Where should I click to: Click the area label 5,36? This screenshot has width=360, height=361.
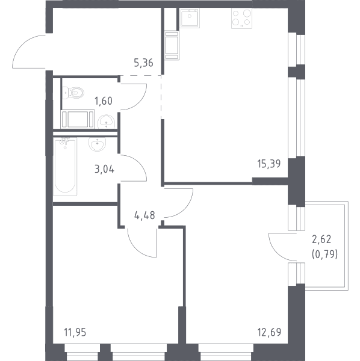pyautogui.click(x=143, y=63)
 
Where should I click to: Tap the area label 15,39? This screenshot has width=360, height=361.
pyautogui.click(x=268, y=164)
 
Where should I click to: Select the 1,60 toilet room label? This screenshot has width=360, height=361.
pyautogui.click(x=104, y=101)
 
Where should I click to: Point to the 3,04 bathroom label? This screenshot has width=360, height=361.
pyautogui.click(x=104, y=169)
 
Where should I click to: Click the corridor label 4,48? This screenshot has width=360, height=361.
pyautogui.click(x=144, y=215)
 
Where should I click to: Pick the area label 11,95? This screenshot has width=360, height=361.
pyautogui.click(x=75, y=333)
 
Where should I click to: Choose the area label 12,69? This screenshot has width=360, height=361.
pyautogui.click(x=269, y=332)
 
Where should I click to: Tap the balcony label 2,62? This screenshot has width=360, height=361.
pyautogui.click(x=321, y=239)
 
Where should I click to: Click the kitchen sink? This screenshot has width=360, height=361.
pyautogui.click(x=190, y=18)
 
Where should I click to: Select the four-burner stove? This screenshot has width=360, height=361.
pyautogui.click(x=241, y=19)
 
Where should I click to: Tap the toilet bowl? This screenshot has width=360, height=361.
pyautogui.click(x=73, y=93)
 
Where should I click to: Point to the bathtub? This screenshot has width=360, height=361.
pyautogui.click(x=65, y=166)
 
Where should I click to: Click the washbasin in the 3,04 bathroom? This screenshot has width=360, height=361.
pyautogui.click(x=97, y=144)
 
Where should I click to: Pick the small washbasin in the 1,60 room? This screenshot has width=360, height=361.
pyautogui.click(x=106, y=122)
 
